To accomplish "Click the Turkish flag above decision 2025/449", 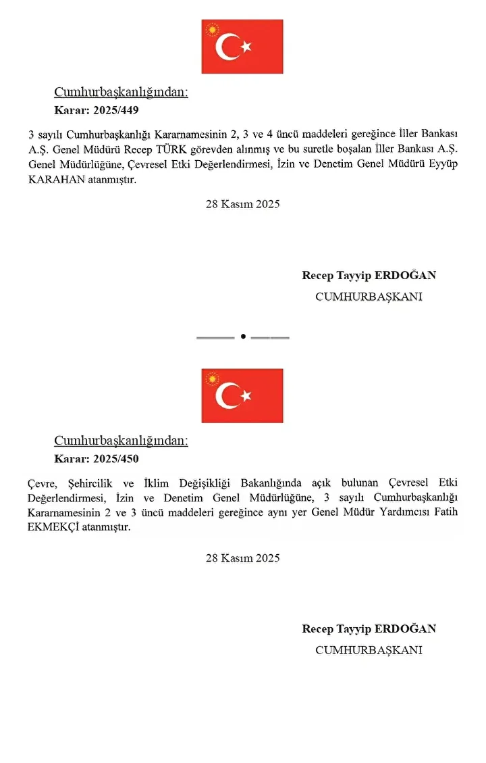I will tap(242, 47).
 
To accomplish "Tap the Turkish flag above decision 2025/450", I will tap(242, 395).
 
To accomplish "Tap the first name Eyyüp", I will tap(442, 166).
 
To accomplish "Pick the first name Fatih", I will tap(443, 512).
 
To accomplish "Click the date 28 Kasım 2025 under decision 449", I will tap(242, 204).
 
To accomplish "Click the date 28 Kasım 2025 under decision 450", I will tap(242, 558).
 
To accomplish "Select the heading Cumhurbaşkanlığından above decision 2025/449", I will tap(121, 93).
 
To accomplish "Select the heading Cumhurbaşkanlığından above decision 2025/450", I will tap(121, 441).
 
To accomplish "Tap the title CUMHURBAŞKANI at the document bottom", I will tap(369, 650).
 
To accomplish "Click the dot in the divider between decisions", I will tap(243, 337).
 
